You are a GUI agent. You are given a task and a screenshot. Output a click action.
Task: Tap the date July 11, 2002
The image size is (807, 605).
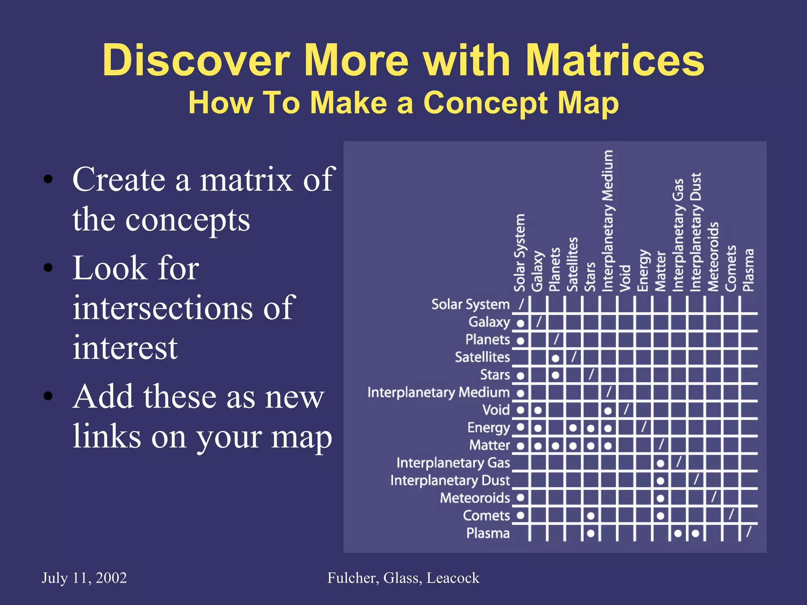pos(84,578)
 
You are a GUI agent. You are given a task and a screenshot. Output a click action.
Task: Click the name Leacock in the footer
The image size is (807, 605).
pos(453,578)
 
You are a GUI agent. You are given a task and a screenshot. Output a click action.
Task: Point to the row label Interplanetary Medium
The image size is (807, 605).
pos(438,392)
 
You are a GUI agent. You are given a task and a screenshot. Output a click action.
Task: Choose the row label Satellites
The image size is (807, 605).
pos(482,357)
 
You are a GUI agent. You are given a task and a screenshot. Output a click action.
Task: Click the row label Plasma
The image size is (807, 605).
pos(488,533)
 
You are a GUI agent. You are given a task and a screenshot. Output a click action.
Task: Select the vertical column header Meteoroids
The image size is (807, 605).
pos(713,257)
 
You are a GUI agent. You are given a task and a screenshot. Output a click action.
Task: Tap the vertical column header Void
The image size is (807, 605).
pos(625,278)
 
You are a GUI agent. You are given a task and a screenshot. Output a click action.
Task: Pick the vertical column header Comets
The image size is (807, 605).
pos(731,268)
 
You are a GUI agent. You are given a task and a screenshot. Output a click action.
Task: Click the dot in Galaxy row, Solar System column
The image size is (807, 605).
pos(521,323)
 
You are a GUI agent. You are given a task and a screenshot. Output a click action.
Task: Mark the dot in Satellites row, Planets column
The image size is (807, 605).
pos(555,358)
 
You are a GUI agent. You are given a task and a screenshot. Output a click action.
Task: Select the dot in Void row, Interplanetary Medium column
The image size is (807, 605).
pos(608,411)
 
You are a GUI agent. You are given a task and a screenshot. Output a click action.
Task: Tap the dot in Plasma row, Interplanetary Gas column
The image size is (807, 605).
pos(678,533)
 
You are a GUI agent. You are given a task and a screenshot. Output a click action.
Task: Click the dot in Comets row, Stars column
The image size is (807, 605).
pos(590,516)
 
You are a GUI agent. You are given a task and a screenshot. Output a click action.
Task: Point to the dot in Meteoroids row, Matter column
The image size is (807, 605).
pos(660,498)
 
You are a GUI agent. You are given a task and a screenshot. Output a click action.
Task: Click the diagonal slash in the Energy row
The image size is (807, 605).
pos(643,427)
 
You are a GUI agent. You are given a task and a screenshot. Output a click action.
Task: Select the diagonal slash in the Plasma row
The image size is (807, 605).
pos(749,532)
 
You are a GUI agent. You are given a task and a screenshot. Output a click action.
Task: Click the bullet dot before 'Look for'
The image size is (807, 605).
pos(48,268)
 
